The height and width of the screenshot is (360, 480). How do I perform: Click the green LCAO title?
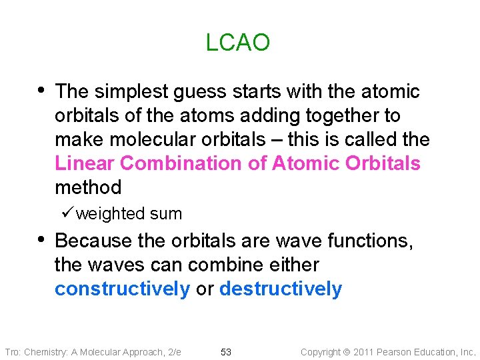[238, 43]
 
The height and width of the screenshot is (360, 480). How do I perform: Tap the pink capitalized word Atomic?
[304, 163]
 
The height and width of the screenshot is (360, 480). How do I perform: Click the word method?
[88, 187]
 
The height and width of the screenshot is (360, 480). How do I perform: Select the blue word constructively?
[122, 289]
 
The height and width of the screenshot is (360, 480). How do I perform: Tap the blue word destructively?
[280, 289]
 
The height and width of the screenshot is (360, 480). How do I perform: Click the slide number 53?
[226, 352]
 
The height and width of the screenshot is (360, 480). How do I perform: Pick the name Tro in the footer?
[12, 352]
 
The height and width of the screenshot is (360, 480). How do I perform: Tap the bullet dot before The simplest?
[43, 90]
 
